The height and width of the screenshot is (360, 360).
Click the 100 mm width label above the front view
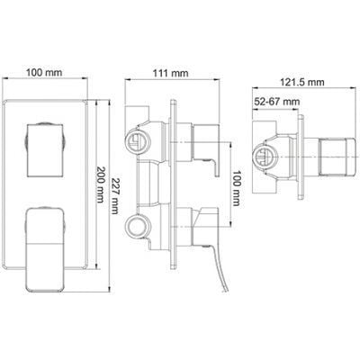44,73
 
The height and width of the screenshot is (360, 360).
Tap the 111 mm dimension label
171,73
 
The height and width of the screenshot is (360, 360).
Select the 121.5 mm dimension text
302,82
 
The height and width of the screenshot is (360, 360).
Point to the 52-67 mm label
277,102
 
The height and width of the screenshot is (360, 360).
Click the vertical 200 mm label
100,185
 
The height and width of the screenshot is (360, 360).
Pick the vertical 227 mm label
115,196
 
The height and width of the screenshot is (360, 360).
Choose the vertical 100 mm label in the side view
237,188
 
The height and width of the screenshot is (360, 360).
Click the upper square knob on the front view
45,149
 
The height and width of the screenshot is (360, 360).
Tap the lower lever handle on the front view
45,249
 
